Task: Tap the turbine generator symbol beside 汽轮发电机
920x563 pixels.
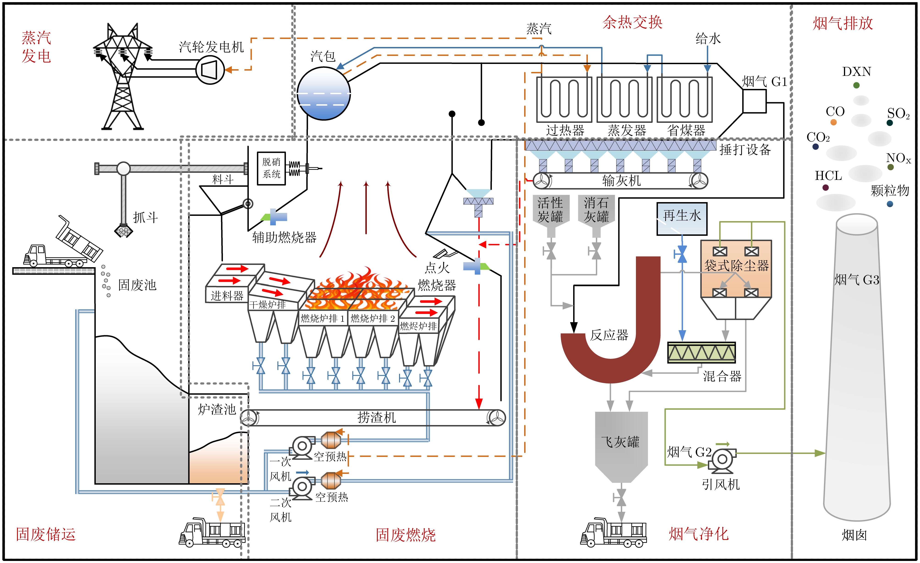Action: click(x=210, y=69)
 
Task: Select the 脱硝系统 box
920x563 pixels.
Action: click(x=271, y=168)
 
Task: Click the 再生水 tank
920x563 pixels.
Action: click(x=682, y=219)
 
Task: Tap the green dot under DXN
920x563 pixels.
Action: click(x=856, y=85)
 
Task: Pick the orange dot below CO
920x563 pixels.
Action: click(x=833, y=122)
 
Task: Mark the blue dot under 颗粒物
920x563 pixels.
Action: click(x=890, y=204)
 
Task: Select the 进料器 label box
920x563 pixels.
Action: click(x=227, y=296)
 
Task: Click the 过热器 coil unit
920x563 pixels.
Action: click(x=564, y=99)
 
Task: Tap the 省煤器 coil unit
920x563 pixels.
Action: click(x=685, y=99)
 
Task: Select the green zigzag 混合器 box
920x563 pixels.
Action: click(x=701, y=352)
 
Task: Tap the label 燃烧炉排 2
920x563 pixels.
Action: click(x=373, y=318)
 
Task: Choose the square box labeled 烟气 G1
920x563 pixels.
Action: click(x=754, y=101)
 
